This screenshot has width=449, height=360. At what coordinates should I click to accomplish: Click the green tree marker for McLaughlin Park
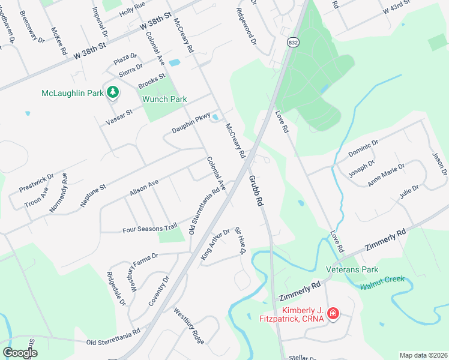[112, 92]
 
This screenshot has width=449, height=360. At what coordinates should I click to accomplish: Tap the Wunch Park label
[164, 99]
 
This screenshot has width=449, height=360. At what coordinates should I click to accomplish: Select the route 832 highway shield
[292, 43]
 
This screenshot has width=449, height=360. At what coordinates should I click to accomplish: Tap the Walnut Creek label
[382, 283]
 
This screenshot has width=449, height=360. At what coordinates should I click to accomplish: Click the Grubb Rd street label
[256, 191]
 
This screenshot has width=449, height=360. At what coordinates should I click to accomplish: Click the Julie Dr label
[408, 192]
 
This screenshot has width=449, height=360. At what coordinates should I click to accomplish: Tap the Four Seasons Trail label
[149, 228]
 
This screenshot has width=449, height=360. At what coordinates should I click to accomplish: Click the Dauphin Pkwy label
[191, 121]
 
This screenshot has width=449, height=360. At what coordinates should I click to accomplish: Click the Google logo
[20, 353]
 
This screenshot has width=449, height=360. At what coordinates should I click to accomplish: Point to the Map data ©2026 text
[423, 355]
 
